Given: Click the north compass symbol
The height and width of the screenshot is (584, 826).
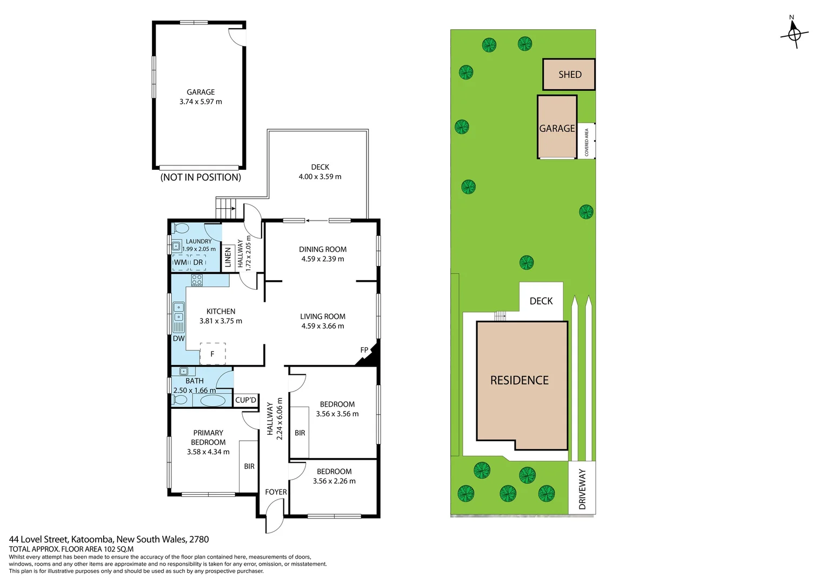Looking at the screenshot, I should (x=794, y=34).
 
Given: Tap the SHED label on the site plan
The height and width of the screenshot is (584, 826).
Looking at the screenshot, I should (x=570, y=75).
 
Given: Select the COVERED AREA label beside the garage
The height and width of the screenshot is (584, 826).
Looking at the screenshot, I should (x=587, y=142).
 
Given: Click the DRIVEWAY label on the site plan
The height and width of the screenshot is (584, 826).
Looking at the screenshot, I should (x=582, y=489).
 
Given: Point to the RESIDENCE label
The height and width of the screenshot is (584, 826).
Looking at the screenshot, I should (x=519, y=381).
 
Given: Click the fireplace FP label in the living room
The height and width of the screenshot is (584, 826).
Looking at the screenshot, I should (x=364, y=350).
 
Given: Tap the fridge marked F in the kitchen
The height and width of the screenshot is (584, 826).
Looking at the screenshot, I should (x=212, y=354).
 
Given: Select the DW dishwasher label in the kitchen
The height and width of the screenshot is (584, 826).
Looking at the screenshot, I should (x=178, y=339).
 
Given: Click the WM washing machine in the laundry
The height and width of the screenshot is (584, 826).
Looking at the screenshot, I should (x=181, y=262).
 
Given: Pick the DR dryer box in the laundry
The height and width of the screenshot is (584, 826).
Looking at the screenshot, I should (x=198, y=262).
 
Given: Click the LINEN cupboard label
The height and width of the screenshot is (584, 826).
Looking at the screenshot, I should (x=228, y=257).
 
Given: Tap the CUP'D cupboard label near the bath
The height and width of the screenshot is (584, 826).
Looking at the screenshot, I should (x=245, y=400).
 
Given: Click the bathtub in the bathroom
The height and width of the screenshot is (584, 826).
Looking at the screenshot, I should (x=212, y=401).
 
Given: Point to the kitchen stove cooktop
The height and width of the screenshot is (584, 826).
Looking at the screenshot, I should (x=197, y=280).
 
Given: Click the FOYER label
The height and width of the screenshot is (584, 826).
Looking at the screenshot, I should (x=276, y=492).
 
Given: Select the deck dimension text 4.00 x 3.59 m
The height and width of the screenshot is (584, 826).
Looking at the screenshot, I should (x=320, y=177).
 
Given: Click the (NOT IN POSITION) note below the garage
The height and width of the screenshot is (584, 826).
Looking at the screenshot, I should (x=201, y=177).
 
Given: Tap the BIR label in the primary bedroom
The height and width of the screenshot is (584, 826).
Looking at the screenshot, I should (x=249, y=466).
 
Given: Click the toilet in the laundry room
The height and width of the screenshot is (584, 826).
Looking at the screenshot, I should (x=181, y=228).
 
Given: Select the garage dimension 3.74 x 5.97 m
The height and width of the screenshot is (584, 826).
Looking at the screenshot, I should (x=201, y=102).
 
